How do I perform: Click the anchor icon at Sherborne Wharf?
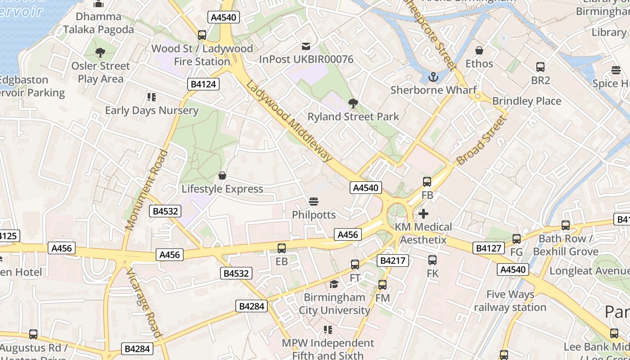click(433, 77)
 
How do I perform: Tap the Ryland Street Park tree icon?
click(353, 103)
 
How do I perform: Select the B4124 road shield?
click(203, 84)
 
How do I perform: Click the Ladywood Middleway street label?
click(289, 121)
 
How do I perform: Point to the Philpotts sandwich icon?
click(314, 201)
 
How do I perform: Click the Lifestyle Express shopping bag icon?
click(222, 175)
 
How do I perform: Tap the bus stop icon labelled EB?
click(282, 248)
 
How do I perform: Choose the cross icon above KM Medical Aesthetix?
click(423, 214)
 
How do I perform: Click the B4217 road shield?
click(393, 261)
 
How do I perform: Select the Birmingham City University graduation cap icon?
click(334, 284)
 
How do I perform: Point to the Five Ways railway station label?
click(510, 301)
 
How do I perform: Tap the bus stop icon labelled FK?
click(432, 260)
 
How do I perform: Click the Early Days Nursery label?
click(152, 110)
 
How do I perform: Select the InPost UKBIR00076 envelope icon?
click(306, 46)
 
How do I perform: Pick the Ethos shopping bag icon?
click(479, 50)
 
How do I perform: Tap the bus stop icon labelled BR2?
click(540, 67)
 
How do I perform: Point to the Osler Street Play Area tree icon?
click(100, 53)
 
